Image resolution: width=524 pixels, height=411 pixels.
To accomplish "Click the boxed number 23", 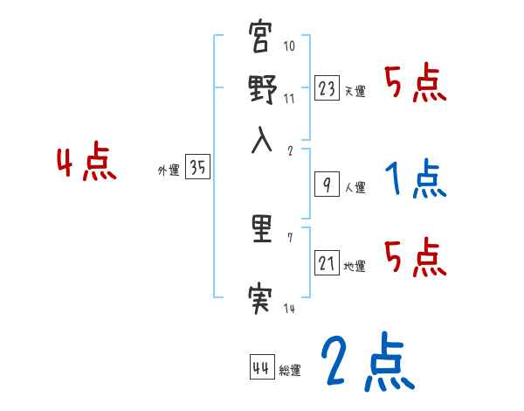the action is pyautogui.click(x=327, y=88).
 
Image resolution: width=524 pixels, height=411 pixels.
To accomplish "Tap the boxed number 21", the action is pyautogui.click(x=327, y=263).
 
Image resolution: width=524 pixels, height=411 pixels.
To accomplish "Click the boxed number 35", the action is pyautogui.click(x=197, y=169).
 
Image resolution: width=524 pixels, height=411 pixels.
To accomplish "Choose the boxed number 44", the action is pyautogui.click(x=261, y=367).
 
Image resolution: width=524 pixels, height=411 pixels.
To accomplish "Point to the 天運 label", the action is pyautogui.click(x=355, y=91).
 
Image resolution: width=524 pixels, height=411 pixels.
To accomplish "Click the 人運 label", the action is pyautogui.click(x=355, y=187).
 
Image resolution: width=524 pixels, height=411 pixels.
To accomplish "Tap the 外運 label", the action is pyautogui.click(x=169, y=171).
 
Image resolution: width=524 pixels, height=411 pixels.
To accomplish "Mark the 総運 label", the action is pyautogui.click(x=290, y=370).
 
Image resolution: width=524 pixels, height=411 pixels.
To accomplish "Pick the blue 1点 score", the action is pyautogui.click(x=416, y=180).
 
